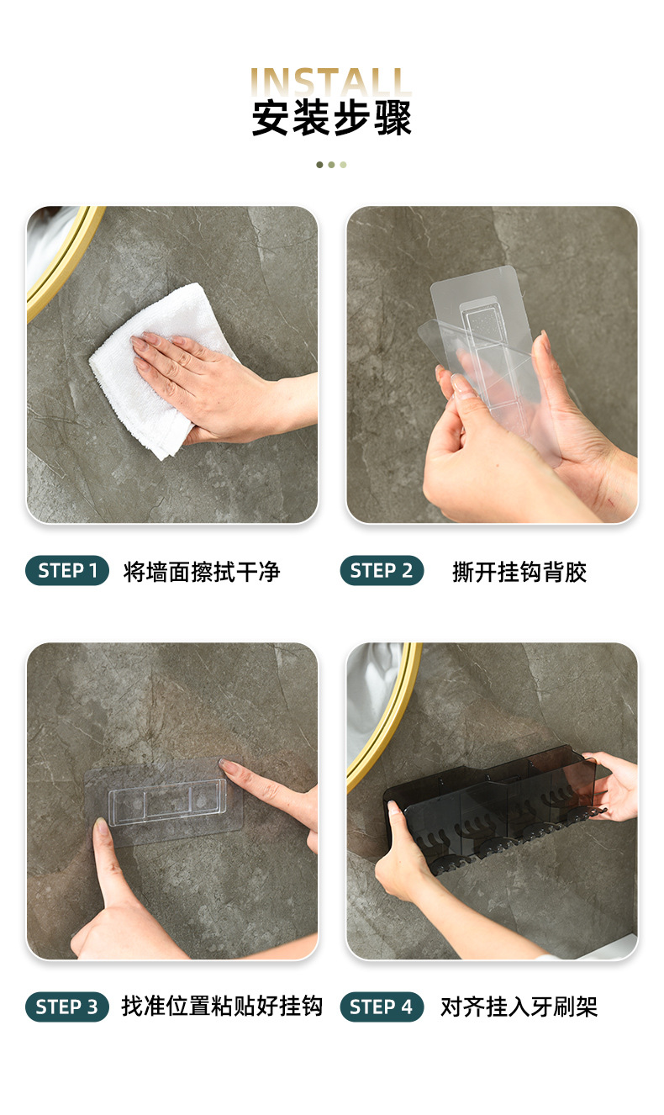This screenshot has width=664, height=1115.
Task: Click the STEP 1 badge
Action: pyautogui.click(x=67, y=571)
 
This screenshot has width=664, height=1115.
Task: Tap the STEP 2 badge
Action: pyautogui.click(x=382, y=571)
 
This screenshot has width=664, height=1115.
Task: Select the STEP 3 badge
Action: pyautogui.click(x=67, y=1007)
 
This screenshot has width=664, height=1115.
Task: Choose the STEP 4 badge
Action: pyautogui.click(x=382, y=1007)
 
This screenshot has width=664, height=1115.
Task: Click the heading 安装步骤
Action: pyautogui.click(x=332, y=118)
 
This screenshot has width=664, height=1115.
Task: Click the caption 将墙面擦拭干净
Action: pyautogui.click(x=202, y=572)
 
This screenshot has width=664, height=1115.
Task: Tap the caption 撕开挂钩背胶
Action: pyautogui.click(x=519, y=572)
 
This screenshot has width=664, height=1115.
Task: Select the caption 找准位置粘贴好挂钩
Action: pyautogui.click(x=222, y=1007)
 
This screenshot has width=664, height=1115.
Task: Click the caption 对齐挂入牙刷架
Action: pyautogui.click(x=519, y=1007)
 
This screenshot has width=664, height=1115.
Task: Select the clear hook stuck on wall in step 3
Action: pyautogui.click(x=168, y=799)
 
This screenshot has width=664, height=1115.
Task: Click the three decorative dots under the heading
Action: pyautogui.click(x=331, y=165)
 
